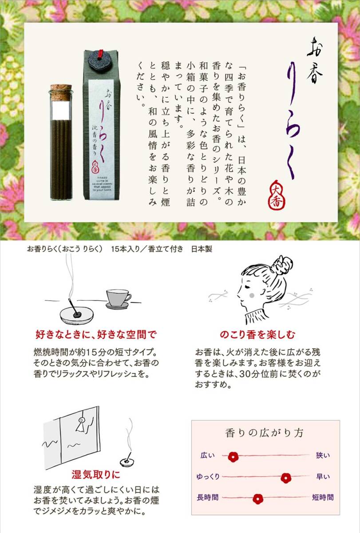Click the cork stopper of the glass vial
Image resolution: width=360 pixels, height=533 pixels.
pyautogui.click(x=61, y=89)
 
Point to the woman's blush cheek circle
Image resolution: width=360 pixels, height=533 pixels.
pyautogui.click(x=252, y=294)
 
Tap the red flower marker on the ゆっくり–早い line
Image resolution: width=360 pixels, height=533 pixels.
pyautogui.click(x=286, y=477)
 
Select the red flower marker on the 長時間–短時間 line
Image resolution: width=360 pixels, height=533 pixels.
pyautogui.click(x=258, y=498)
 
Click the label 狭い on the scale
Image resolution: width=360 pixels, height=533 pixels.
pyautogui.click(x=323, y=456)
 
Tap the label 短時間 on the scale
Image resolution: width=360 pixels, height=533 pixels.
pyautogui.click(x=323, y=498)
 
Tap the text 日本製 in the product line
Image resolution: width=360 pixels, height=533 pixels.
pyautogui.click(x=202, y=249)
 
